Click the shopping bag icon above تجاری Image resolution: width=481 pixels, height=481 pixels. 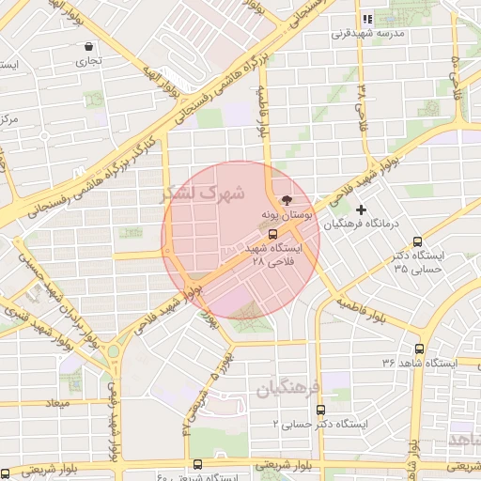pos(89,46)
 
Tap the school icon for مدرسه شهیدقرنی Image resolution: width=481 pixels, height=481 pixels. pos(367,19)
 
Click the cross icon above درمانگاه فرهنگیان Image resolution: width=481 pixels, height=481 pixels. pos(361,209)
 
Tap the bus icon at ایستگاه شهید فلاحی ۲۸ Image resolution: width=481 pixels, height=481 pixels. pos(272,233)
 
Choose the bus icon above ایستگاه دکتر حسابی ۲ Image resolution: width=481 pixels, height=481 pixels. pos(321,410)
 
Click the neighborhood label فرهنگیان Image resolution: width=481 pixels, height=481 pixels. pos(287,386)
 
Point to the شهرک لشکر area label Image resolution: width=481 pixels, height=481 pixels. pos(203,194)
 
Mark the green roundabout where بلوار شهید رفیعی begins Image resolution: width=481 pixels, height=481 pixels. pos(114,352)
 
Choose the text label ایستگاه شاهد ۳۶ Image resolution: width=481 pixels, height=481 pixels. pos(418,362)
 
